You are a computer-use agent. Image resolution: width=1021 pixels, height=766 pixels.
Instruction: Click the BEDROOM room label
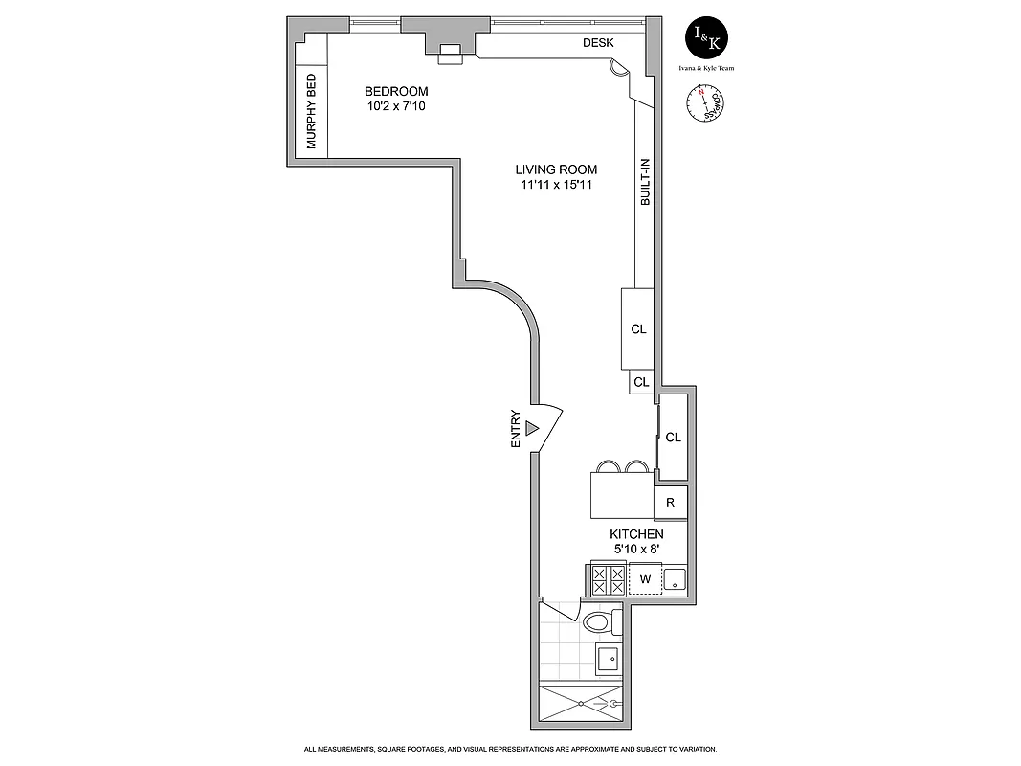(396, 92)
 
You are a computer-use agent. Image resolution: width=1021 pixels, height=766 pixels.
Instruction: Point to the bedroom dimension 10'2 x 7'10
(396, 106)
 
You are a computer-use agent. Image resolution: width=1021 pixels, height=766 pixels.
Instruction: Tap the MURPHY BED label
(311, 112)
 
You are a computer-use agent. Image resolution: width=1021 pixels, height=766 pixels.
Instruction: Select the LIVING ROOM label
(556, 170)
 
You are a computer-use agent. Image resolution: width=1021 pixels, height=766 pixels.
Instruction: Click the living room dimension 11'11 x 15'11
(556, 185)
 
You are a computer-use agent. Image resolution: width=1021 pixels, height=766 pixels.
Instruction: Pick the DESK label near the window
(598, 43)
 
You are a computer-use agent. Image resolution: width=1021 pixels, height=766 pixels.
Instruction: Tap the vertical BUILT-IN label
(646, 183)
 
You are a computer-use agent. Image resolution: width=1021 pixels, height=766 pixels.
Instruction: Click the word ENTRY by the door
(516, 429)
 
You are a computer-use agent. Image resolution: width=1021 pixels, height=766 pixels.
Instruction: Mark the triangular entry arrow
(533, 429)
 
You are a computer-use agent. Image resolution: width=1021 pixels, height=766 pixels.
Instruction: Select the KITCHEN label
(636, 534)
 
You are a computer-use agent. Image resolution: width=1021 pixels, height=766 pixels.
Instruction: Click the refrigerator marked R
(671, 502)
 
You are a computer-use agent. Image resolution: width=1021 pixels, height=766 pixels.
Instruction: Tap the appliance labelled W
(645, 578)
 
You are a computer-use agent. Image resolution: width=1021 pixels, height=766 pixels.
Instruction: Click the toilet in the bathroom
(599, 623)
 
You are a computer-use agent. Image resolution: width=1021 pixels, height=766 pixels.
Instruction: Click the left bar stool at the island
(609, 467)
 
